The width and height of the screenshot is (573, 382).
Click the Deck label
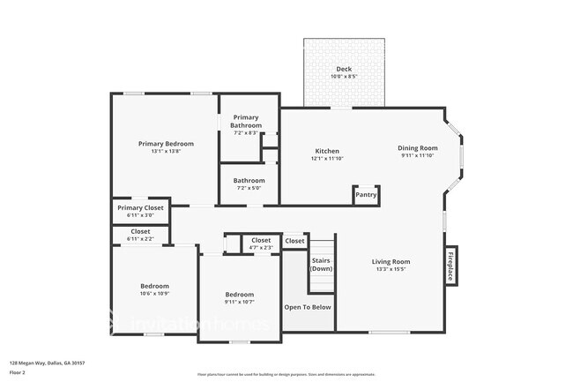tap(345, 69)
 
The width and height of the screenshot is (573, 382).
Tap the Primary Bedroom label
tap(166, 143)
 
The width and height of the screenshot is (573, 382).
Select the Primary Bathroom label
tap(246, 122)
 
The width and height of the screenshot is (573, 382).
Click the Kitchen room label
tap(326, 151)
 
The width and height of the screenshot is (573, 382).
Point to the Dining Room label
tap(417, 147)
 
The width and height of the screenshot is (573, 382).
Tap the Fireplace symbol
tap(450, 266)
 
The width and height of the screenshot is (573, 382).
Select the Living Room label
tap(390, 261)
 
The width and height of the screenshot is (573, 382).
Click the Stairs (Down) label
tap(322, 264)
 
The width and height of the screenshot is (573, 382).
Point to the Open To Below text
tap(308, 307)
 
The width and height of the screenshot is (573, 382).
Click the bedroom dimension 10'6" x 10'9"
tap(154, 293)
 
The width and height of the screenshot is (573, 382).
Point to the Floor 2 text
tap(18, 372)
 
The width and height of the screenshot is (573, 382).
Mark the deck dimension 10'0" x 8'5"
tap(345, 77)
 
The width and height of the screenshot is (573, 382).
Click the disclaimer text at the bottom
tap(286, 374)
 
